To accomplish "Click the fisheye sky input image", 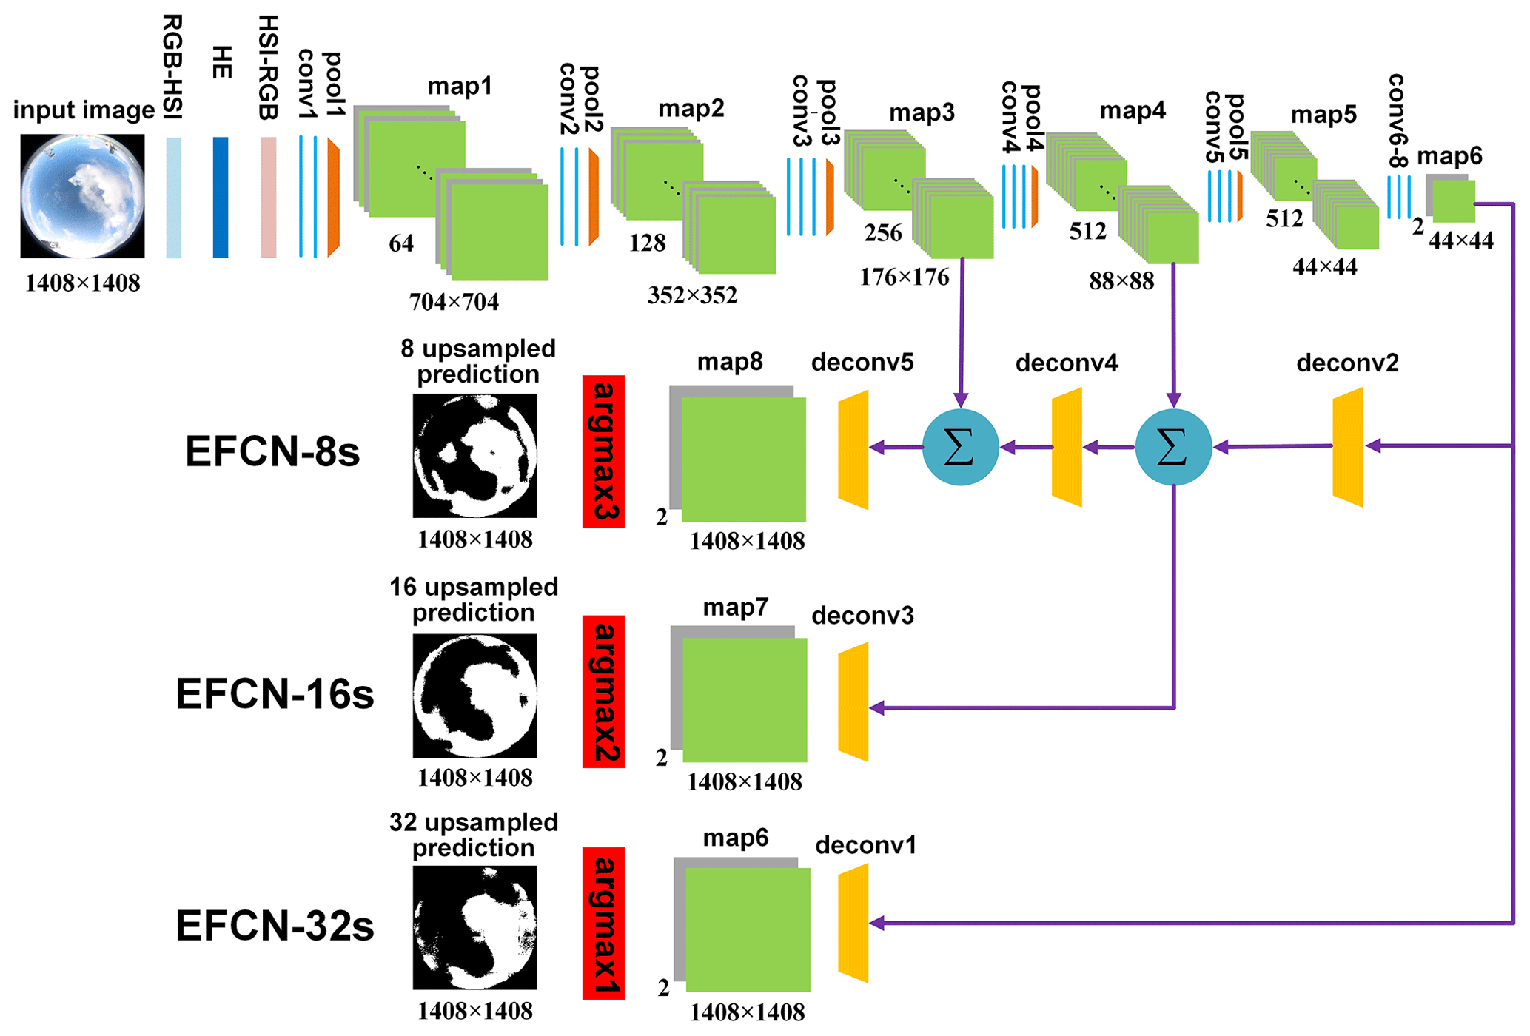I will [x=82, y=196].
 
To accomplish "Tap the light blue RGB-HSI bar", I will [x=174, y=198].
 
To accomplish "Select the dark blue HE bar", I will [x=221, y=198].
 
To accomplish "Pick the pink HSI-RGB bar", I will [x=269, y=198].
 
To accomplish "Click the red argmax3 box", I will [x=603, y=451].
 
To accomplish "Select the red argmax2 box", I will [x=603, y=691].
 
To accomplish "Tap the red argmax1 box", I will [x=603, y=923].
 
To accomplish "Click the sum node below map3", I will [x=960, y=447].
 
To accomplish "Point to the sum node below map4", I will [x=1173, y=447].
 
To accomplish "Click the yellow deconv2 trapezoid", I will [x=1348, y=447].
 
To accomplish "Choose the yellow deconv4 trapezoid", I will [x=1067, y=447].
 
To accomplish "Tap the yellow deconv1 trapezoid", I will [x=853, y=923].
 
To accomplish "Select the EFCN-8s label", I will [x=272, y=451].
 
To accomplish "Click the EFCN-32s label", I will [x=275, y=926].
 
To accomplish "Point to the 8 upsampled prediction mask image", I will [x=474, y=455].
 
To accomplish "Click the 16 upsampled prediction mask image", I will [x=474, y=696].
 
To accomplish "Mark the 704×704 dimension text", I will [x=454, y=302].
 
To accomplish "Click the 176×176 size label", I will [x=904, y=277].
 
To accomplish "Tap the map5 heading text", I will [x=1323, y=115].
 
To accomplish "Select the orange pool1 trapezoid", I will [x=333, y=198].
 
